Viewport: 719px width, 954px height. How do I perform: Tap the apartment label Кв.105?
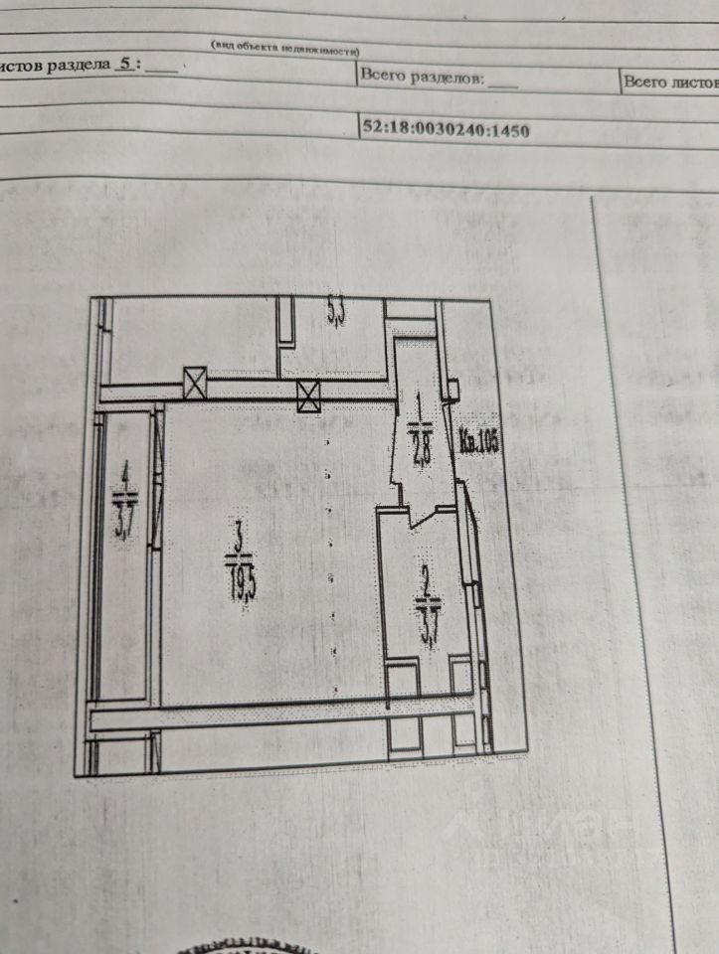[x=478, y=440]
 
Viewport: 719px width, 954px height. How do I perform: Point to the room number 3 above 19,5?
[x=238, y=543]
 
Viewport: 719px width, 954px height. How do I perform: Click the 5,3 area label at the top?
[x=336, y=314]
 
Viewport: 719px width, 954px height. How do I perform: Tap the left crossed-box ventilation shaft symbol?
[x=194, y=382]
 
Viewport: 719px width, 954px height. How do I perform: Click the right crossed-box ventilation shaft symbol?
[x=309, y=397]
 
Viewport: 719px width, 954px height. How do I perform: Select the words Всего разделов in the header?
[x=422, y=76]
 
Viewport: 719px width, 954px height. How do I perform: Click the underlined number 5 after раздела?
[x=124, y=63]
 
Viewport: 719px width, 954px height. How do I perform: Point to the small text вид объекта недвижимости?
[x=284, y=48]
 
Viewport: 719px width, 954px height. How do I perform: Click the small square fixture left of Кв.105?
[x=452, y=389]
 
